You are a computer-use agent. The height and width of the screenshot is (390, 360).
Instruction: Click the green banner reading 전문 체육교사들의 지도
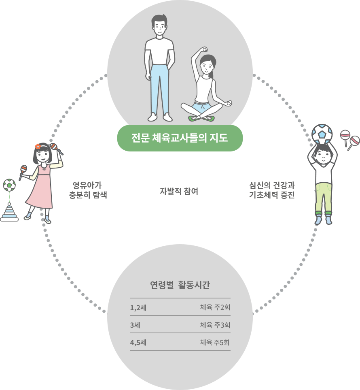[180, 138]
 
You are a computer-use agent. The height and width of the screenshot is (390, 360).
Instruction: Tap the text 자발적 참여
[179, 191]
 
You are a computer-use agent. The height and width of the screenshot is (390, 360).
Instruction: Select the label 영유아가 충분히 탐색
[88, 190]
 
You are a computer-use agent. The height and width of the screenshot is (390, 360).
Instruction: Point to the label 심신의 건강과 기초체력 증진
[272, 190]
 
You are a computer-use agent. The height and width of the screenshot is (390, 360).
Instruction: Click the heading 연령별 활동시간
[180, 285]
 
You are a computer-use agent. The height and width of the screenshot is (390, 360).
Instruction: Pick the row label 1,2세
[138, 308]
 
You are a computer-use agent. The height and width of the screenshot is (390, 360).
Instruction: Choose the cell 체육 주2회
[215, 307]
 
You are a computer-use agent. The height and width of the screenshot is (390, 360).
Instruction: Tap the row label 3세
[135, 325]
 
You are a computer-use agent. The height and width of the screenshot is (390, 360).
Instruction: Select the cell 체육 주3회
[215, 325]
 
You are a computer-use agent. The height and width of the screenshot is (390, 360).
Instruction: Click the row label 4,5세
[138, 343]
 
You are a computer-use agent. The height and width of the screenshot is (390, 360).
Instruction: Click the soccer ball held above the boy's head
[322, 134]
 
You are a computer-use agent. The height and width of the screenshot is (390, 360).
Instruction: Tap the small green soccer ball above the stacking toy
[9, 185]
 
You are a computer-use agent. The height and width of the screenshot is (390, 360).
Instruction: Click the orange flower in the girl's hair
[38, 147]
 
